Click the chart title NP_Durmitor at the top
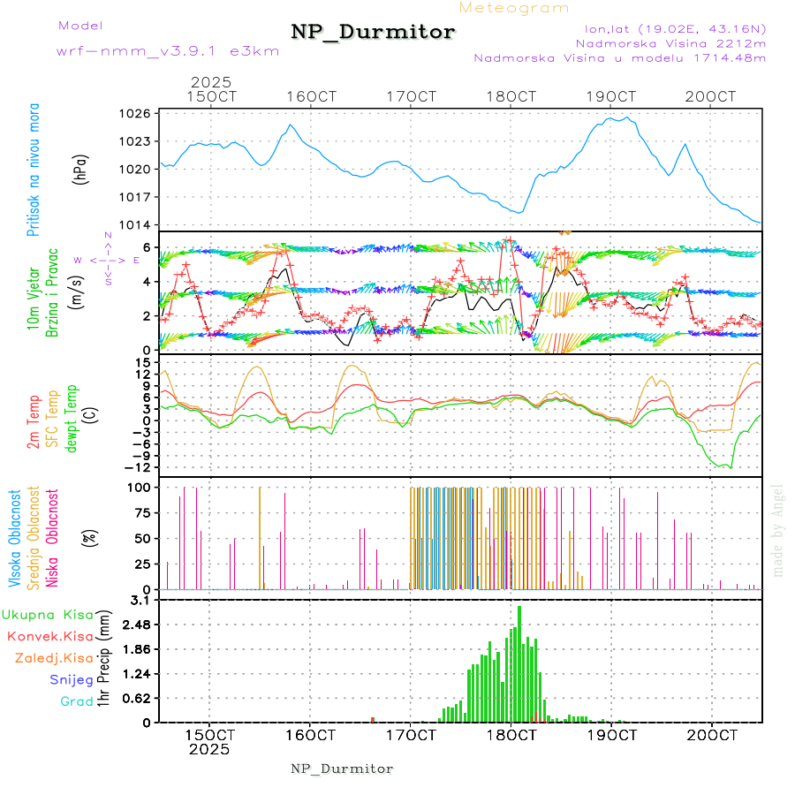(373, 33)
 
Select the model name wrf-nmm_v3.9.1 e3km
(168, 51)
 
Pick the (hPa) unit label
(81, 168)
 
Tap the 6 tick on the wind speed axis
(148, 247)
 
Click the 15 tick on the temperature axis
(141, 362)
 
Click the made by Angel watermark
(778, 530)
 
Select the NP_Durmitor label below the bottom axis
(342, 768)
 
